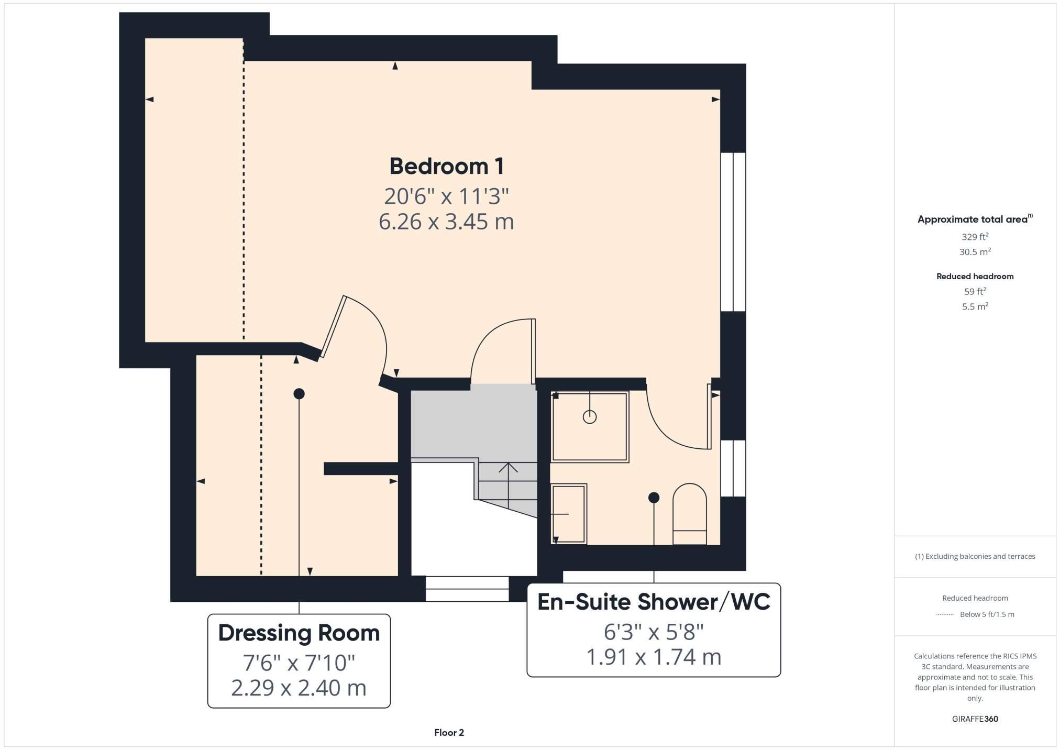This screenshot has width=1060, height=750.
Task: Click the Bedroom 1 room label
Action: (x=446, y=167)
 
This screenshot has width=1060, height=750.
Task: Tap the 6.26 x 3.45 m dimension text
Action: (x=446, y=222)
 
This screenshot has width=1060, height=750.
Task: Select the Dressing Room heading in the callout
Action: (x=299, y=633)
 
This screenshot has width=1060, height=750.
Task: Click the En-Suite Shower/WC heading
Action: (x=653, y=602)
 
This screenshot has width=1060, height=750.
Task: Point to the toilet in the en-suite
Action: (x=689, y=515)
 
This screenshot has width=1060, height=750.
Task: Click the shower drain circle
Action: (x=590, y=417)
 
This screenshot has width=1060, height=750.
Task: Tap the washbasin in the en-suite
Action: (x=569, y=514)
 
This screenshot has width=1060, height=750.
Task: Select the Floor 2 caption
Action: (x=449, y=733)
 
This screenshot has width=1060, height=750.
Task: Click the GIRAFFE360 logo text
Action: (x=975, y=719)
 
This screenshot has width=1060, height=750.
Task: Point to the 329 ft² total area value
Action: (x=975, y=237)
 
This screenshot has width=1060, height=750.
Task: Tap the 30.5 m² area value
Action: (x=975, y=252)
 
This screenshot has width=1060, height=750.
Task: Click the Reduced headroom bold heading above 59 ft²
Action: (x=975, y=276)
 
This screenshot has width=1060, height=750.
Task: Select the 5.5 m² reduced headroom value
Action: (x=975, y=306)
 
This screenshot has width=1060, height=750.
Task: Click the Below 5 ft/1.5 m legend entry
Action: (x=986, y=614)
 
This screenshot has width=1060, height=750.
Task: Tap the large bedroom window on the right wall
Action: (x=733, y=232)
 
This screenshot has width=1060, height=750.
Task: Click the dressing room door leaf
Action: (x=333, y=327)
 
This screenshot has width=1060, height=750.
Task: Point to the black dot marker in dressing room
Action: (x=299, y=393)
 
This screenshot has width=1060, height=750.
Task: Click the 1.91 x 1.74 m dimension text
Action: (x=653, y=657)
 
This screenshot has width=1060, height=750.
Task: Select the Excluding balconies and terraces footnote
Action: (x=975, y=556)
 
